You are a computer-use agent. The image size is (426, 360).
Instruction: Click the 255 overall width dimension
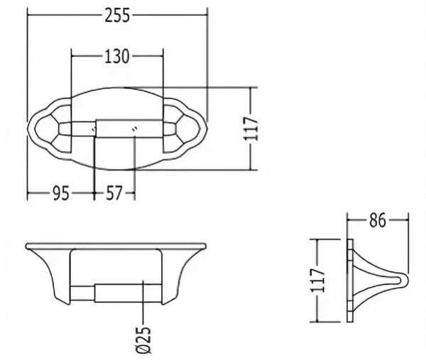click(x=118, y=15)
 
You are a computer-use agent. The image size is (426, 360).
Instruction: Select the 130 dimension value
click(x=117, y=57)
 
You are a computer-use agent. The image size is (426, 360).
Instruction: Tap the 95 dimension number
click(x=61, y=194)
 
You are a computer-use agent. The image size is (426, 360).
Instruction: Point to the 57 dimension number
click(x=114, y=193)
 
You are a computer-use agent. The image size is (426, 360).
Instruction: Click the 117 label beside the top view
click(x=251, y=129)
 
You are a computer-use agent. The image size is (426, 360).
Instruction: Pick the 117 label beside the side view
click(x=318, y=280)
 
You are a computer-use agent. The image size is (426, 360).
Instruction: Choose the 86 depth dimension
click(x=378, y=220)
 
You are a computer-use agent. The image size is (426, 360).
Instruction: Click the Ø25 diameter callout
click(x=143, y=339)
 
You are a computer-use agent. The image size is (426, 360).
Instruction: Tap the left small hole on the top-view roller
click(x=94, y=129)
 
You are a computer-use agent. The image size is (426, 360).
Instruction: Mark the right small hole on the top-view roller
click(x=135, y=129)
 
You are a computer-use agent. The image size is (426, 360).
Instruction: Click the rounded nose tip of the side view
click(x=406, y=281)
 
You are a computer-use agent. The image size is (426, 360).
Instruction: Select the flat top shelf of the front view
click(x=116, y=246)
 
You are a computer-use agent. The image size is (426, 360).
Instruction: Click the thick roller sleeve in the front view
click(x=129, y=293)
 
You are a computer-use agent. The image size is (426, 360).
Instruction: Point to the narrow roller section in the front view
click(x=82, y=293)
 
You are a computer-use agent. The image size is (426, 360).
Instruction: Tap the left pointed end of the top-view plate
click(x=28, y=129)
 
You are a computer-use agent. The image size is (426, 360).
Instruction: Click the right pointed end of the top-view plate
click(x=207, y=129)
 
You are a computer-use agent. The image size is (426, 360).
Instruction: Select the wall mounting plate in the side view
click(x=350, y=281)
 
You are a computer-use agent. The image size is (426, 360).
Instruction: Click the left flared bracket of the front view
click(x=49, y=275)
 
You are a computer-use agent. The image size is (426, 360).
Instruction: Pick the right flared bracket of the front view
click(x=183, y=275)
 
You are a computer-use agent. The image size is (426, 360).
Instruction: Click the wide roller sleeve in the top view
click(x=129, y=129)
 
